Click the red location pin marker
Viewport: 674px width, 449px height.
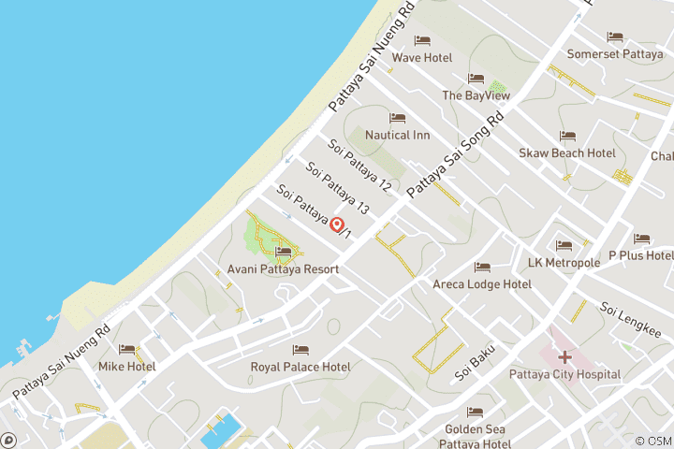point(337,224)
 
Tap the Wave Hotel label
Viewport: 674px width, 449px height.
point(421,57)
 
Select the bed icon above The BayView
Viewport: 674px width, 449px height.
point(476,79)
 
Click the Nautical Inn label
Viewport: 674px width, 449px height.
point(397,135)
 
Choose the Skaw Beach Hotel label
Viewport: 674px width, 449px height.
point(567,152)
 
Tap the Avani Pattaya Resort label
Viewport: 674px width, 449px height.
point(283,268)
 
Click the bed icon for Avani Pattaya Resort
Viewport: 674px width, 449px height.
point(283,251)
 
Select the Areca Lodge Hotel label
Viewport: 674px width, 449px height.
point(481,283)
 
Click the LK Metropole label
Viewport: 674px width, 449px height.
point(564,263)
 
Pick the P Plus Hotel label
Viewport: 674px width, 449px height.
point(641,255)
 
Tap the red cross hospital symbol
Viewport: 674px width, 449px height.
point(564,356)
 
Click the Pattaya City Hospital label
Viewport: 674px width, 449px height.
point(564,374)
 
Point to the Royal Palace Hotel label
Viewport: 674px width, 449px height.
point(300,367)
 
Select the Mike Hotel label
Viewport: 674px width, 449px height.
point(127,367)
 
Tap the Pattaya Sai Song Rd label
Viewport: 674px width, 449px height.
point(456,154)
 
